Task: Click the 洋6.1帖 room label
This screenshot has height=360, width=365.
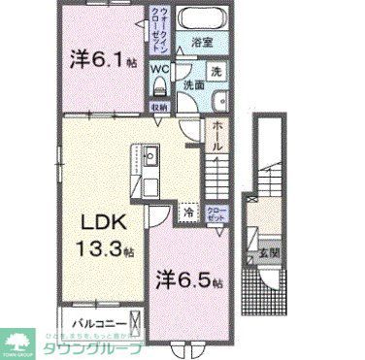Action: click(102, 60)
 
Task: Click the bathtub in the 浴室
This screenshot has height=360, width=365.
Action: click(202, 17)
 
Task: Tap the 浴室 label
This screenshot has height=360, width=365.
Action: click(202, 44)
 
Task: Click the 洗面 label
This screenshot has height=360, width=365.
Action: click(195, 85)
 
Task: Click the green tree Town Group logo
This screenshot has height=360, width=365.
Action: click(17, 341)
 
